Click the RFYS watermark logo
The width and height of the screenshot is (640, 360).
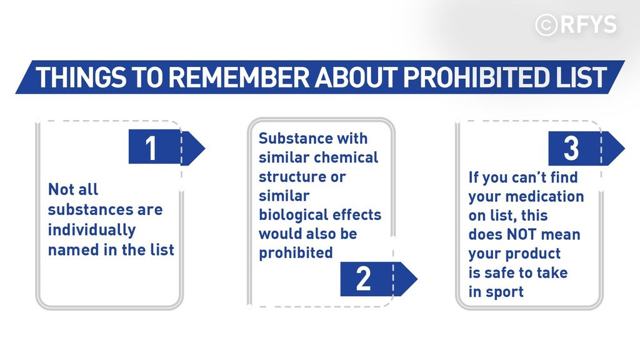(576, 24)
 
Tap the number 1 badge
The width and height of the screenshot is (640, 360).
(167, 147)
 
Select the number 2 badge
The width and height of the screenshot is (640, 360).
(379, 279)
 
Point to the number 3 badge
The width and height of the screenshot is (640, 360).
(586, 148)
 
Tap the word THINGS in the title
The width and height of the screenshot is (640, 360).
(81, 77)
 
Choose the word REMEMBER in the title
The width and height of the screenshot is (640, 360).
(239, 77)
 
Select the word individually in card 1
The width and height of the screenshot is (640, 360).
(92, 230)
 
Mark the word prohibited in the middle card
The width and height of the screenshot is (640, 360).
(296, 253)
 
